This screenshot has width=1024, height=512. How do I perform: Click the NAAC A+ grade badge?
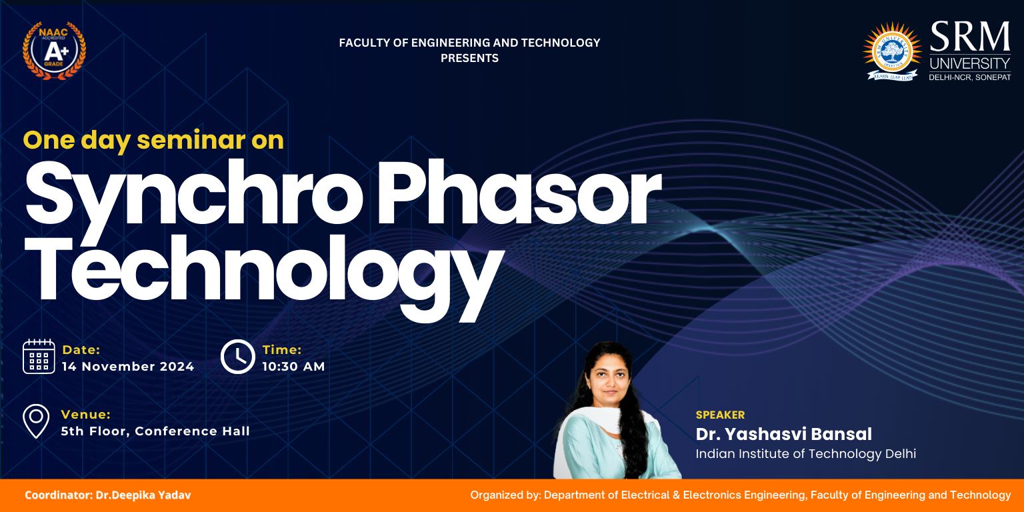[x=54, y=50]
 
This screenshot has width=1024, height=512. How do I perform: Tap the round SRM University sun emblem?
[x=892, y=51]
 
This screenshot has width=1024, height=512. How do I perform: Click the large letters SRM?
[x=969, y=37]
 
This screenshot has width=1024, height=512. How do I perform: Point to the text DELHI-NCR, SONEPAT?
[x=969, y=78]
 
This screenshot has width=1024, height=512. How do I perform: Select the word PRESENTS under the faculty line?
[x=469, y=58]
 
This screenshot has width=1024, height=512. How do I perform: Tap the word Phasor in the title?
[x=519, y=192]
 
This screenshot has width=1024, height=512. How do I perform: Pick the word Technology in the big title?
[x=264, y=277]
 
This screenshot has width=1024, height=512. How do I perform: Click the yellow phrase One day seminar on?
[x=153, y=141]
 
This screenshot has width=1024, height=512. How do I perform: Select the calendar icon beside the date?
[x=39, y=357]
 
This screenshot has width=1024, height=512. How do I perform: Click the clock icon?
[x=238, y=357]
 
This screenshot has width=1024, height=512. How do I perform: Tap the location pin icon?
[x=36, y=421]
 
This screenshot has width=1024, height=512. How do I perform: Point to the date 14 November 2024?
[x=128, y=367]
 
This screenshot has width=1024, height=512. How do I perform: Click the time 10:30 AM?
[x=294, y=367]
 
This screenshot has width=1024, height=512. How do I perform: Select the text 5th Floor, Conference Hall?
[x=155, y=431]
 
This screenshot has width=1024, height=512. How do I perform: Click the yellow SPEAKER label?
[x=720, y=415]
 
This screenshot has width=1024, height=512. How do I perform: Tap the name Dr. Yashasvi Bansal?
[x=783, y=434]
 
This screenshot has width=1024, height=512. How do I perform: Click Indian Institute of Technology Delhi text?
[x=805, y=454]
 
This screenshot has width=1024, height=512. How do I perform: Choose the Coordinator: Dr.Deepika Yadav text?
[x=108, y=495]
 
